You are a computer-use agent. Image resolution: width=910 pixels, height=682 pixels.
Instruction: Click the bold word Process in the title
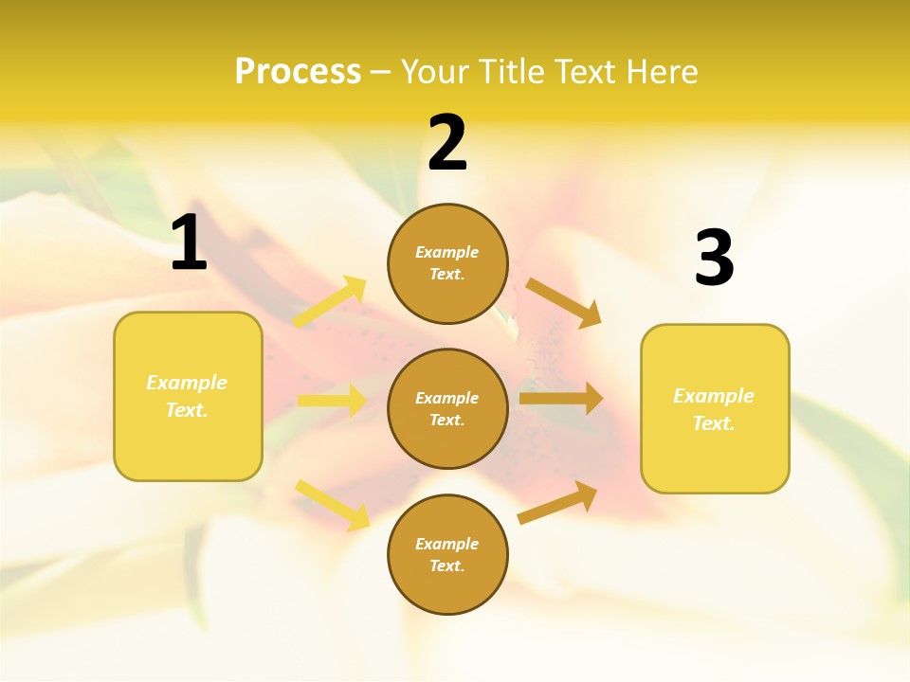(x=298, y=71)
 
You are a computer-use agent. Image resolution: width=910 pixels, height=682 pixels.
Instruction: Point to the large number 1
(x=189, y=243)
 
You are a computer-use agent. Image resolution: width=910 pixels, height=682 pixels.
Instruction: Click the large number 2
(x=447, y=143)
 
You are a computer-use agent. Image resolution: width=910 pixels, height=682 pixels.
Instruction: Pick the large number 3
(x=714, y=259)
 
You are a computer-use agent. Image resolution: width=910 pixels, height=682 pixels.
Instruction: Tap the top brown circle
(x=447, y=263)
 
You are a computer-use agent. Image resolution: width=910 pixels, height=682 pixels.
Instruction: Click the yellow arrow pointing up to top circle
(x=331, y=301)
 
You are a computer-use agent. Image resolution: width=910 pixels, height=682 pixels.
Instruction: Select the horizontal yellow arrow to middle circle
(x=332, y=401)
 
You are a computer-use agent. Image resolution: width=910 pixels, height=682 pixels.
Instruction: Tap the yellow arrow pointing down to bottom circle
(x=333, y=505)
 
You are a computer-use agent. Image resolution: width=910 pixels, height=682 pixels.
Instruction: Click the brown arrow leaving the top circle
(x=563, y=303)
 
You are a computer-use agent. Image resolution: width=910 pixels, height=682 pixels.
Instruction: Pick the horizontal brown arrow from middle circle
(x=561, y=398)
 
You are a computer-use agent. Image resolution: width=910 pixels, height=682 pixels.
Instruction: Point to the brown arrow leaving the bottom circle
(x=558, y=502)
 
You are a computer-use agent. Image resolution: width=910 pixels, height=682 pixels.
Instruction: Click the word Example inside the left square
(x=187, y=383)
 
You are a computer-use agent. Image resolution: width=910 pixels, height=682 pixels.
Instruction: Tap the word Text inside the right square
(x=714, y=423)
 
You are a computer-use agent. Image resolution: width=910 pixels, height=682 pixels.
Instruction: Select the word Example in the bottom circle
(x=447, y=544)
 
